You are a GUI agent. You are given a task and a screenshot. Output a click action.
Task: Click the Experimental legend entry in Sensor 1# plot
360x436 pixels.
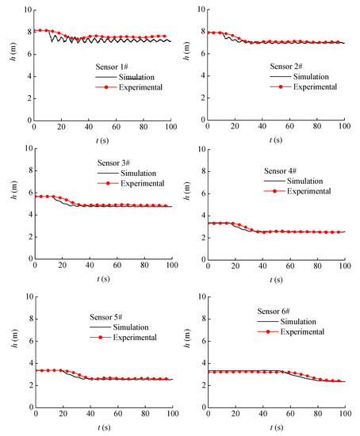click(x=138, y=86)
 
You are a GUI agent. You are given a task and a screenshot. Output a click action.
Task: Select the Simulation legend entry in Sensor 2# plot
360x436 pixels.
click(x=315, y=77)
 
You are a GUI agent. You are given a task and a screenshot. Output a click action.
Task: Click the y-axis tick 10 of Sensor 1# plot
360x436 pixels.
click(x=25, y=10)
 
